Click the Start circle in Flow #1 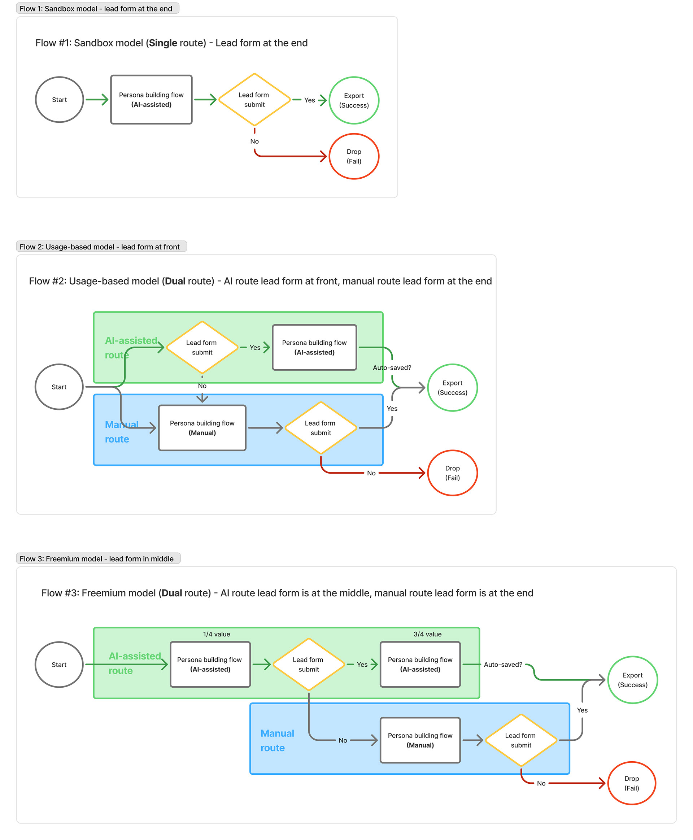[x=60, y=99]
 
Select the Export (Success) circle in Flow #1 [x=354, y=100]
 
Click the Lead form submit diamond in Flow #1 [x=254, y=99]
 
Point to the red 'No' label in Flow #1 [x=254, y=142]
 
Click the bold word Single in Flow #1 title [x=163, y=43]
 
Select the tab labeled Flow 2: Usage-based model [x=101, y=247]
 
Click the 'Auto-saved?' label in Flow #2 [x=392, y=367]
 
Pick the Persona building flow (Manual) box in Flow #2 [x=202, y=428]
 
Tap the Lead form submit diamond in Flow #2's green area [x=202, y=347]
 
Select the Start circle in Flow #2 [x=59, y=387]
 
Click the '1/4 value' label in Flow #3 [x=216, y=634]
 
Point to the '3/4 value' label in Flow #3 [x=427, y=634]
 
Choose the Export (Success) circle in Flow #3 [x=632, y=679]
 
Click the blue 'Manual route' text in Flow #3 [x=277, y=740]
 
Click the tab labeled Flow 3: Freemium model [x=98, y=558]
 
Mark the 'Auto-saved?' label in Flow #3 [x=502, y=664]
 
